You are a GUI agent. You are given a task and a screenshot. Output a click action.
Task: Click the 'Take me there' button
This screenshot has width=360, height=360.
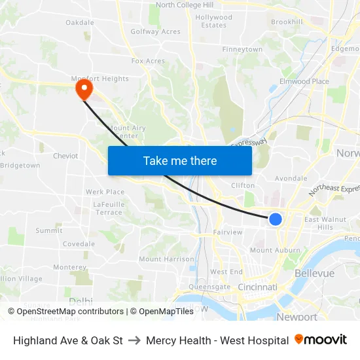click(180, 160)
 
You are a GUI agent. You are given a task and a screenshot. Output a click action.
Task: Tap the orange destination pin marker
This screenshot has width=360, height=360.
click(84, 88)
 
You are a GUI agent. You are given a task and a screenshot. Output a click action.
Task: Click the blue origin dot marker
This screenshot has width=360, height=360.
click(276, 219)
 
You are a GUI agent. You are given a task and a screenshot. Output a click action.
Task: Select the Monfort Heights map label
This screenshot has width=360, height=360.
click(101, 79)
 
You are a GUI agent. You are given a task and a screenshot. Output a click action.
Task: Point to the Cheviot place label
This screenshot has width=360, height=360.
click(65, 156)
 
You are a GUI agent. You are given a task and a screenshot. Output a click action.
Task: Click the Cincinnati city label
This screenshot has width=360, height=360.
click(257, 287)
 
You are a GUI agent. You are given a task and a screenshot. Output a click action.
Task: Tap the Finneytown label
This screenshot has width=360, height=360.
click(242, 50)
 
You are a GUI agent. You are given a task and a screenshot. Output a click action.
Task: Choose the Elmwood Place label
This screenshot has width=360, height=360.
click(304, 81)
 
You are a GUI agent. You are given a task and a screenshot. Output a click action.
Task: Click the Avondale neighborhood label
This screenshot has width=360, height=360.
click(291, 178)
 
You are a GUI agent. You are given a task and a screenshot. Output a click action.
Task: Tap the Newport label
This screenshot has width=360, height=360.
click(297, 317)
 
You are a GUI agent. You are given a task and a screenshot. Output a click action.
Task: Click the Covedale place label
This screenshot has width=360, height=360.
click(79, 243)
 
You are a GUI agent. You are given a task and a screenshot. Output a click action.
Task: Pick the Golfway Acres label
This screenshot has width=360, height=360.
click(155, 31)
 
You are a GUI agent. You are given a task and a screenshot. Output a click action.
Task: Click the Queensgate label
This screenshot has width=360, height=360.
click(209, 287)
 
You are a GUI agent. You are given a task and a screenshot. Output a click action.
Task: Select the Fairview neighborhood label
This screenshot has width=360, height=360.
click(228, 232)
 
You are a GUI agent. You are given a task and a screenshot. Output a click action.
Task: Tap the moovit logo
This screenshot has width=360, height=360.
click(321, 340)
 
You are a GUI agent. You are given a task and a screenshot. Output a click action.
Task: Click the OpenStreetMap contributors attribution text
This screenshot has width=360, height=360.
click(70, 312)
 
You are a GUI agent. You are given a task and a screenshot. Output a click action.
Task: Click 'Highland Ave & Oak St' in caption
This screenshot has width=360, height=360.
click(68, 340)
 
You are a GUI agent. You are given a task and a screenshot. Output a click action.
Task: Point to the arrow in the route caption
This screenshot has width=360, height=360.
click(134, 340)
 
